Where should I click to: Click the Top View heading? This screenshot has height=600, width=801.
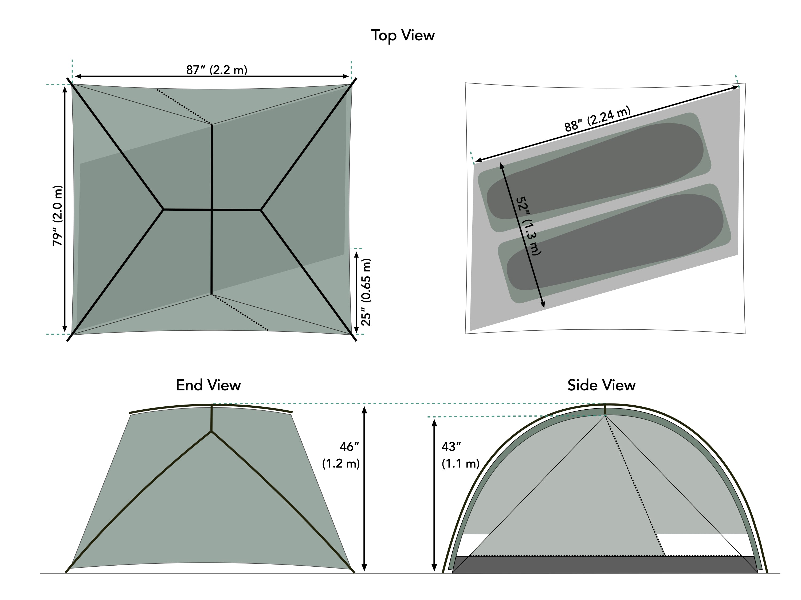403,35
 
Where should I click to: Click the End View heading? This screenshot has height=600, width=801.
208,385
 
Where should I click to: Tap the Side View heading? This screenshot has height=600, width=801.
601,385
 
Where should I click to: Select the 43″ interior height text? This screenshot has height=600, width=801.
451,447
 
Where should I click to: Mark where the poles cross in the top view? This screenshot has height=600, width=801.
212,209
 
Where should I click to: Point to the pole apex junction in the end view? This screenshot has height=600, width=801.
211,431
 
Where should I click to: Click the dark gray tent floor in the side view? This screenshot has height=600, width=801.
605,565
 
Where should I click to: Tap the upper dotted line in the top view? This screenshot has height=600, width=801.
184,107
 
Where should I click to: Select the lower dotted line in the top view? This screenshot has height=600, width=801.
240,313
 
